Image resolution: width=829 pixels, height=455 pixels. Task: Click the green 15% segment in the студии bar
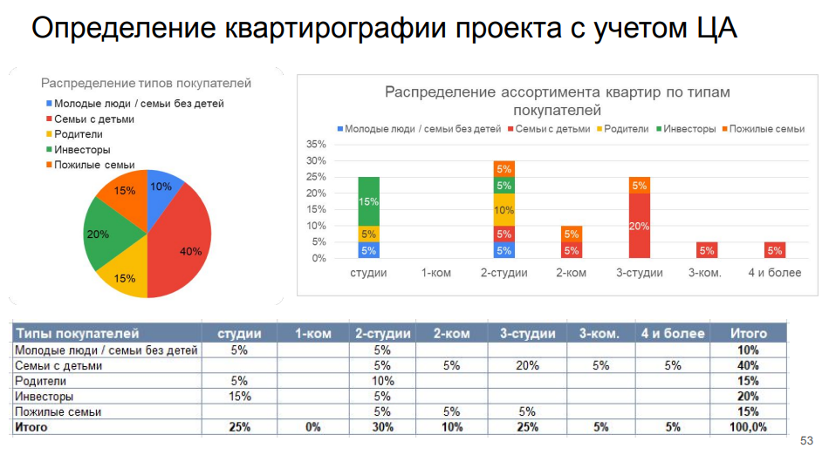369,201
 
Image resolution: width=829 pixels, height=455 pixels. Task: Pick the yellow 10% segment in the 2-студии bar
504,210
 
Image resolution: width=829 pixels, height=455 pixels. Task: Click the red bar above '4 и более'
775,250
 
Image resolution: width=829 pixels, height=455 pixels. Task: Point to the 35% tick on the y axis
316,145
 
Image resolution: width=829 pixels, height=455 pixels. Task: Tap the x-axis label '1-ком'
436,273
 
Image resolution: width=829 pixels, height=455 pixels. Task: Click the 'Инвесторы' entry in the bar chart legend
690,129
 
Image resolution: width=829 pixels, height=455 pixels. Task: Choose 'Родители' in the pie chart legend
78,134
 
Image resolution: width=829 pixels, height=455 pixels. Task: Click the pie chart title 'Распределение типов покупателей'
146,84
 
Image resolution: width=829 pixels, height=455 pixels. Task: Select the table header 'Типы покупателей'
78,333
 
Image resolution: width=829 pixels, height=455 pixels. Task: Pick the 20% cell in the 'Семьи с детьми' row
527,366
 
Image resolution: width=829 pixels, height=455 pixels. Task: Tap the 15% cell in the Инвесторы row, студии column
239,397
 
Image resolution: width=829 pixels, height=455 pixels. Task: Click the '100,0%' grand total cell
748,428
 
